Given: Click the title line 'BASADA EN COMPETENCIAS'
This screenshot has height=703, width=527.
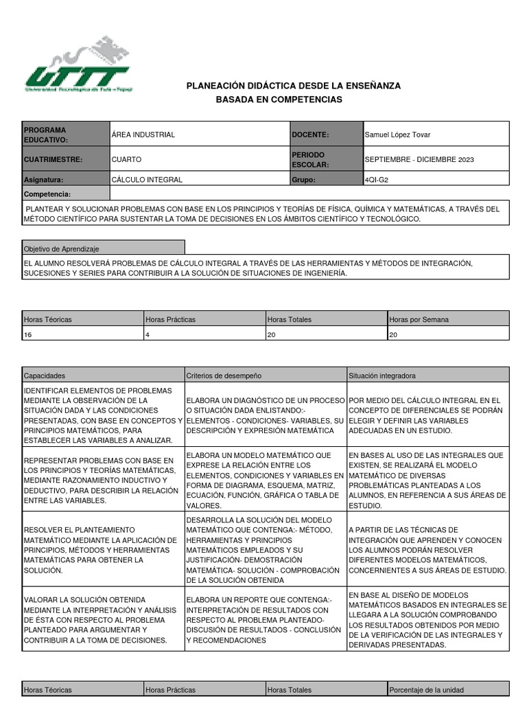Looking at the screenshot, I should (279, 100).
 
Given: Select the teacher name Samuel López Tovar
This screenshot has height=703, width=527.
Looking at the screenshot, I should (397, 135).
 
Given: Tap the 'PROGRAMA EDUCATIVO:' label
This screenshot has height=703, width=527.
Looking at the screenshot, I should (45, 135).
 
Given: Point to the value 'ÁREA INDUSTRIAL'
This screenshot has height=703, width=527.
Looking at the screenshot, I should (143, 135).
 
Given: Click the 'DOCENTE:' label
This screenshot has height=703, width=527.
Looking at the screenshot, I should (310, 135).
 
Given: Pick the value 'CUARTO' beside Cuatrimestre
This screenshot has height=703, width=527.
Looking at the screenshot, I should (126, 159).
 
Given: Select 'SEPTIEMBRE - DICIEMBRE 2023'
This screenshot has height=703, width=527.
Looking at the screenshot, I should (419, 159).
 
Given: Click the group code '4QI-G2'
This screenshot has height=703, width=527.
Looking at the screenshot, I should (381, 180).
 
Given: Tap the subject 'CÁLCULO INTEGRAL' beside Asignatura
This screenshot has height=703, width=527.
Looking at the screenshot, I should (147, 180).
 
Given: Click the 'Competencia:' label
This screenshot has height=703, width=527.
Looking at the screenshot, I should (47, 194).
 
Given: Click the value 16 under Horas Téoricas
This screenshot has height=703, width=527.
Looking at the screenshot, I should (28, 334).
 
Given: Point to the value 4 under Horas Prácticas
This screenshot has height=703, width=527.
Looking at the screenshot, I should (148, 334).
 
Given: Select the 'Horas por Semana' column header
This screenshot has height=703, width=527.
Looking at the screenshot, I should (419, 319).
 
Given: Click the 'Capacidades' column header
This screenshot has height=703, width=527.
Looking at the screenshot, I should (45, 376).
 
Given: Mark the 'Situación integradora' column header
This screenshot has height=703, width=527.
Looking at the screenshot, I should (382, 376).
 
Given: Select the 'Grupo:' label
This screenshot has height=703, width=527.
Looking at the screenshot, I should (303, 180).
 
